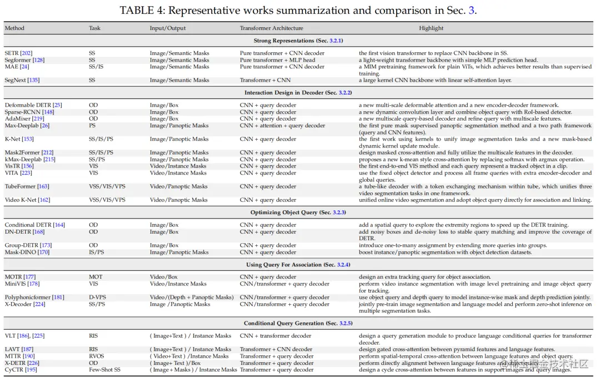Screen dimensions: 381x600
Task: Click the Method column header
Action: coord(14,28)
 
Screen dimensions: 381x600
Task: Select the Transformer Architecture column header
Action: coord(271,28)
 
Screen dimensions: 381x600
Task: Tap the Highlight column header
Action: coord(431,28)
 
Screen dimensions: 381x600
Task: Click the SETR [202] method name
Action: coord(18,53)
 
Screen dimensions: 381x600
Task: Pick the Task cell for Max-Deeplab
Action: coord(92,126)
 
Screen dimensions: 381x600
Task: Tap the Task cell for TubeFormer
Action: coord(107,186)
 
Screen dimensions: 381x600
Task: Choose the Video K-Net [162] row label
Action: coord(27,200)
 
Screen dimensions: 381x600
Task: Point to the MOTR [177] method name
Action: coord(20,277)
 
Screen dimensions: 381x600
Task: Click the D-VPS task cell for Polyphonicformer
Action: coord(98,298)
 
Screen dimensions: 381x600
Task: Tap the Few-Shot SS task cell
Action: coord(104,370)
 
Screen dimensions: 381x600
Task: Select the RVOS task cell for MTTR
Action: coord(96,356)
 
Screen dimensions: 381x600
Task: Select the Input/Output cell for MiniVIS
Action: coord(178,284)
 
